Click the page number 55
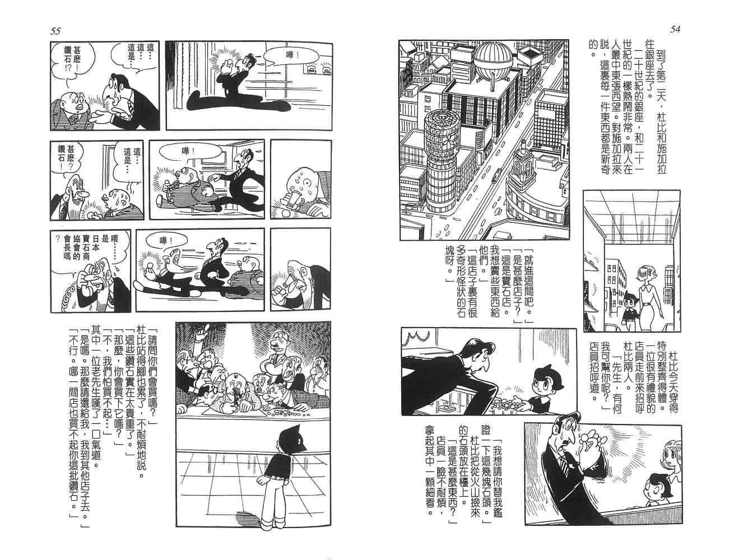click(55, 31)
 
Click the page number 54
click(675, 30)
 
